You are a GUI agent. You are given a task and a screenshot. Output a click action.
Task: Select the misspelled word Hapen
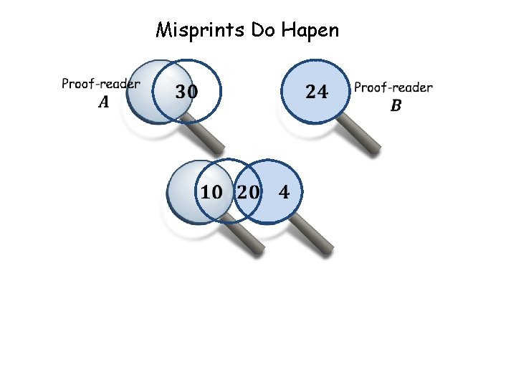[310, 31]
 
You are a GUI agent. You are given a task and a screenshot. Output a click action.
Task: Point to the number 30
[186, 92]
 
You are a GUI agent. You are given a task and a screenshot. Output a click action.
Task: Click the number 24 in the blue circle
[317, 92]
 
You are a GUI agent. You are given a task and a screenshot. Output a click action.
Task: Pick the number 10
[211, 192]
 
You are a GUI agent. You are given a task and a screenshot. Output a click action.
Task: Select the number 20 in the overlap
[248, 192]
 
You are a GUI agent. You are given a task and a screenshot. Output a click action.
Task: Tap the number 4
[284, 192]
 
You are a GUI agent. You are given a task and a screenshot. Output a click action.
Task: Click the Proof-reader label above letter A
[101, 84]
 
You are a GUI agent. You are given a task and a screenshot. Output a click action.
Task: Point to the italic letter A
[104, 102]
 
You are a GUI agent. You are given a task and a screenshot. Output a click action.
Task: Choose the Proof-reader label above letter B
[393, 87]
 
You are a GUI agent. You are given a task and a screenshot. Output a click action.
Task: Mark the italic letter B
[396, 106]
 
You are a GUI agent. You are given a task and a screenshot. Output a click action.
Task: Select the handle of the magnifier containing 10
[247, 236]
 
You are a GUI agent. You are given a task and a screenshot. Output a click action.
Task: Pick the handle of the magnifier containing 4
[315, 236]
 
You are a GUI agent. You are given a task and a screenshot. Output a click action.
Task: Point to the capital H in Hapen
[288, 30]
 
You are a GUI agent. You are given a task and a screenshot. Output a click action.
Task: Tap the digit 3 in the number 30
[180, 92]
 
